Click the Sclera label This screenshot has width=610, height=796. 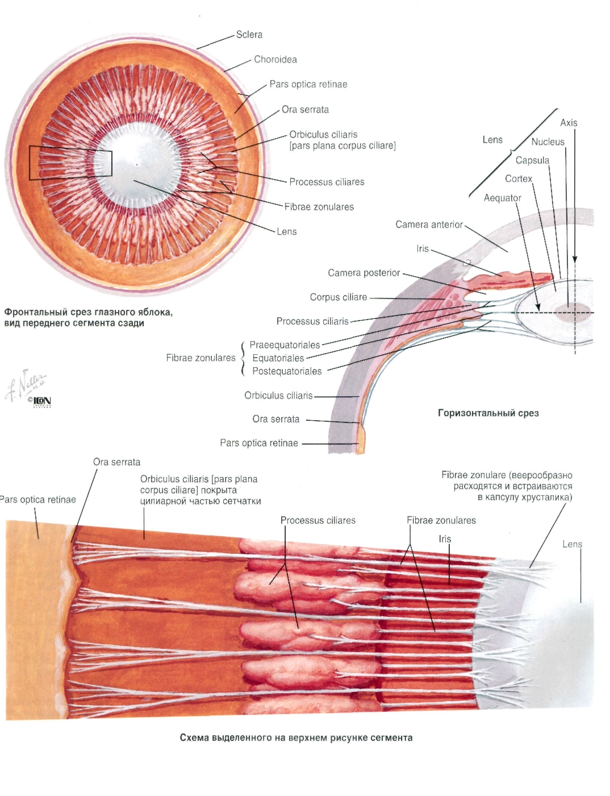(x=249, y=35)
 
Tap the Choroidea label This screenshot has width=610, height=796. (x=275, y=59)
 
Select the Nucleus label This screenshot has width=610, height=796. (x=548, y=142)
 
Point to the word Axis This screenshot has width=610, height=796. (x=569, y=123)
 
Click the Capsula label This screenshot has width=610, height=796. (x=532, y=160)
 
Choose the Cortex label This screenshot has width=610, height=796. (x=518, y=179)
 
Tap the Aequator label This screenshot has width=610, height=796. (x=502, y=198)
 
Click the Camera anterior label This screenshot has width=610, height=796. (x=429, y=225)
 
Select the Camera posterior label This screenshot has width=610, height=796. (x=364, y=273)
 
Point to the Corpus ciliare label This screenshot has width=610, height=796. (x=338, y=297)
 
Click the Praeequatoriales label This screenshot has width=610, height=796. (x=285, y=345)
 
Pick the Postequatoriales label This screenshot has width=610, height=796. (x=287, y=371)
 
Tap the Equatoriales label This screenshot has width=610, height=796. (x=278, y=358)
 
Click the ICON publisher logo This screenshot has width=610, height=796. (x=41, y=402)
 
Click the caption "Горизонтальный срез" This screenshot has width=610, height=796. (x=488, y=413)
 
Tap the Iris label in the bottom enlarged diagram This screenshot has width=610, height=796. (x=445, y=539)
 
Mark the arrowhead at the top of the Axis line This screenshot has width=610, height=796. (x=575, y=260)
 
